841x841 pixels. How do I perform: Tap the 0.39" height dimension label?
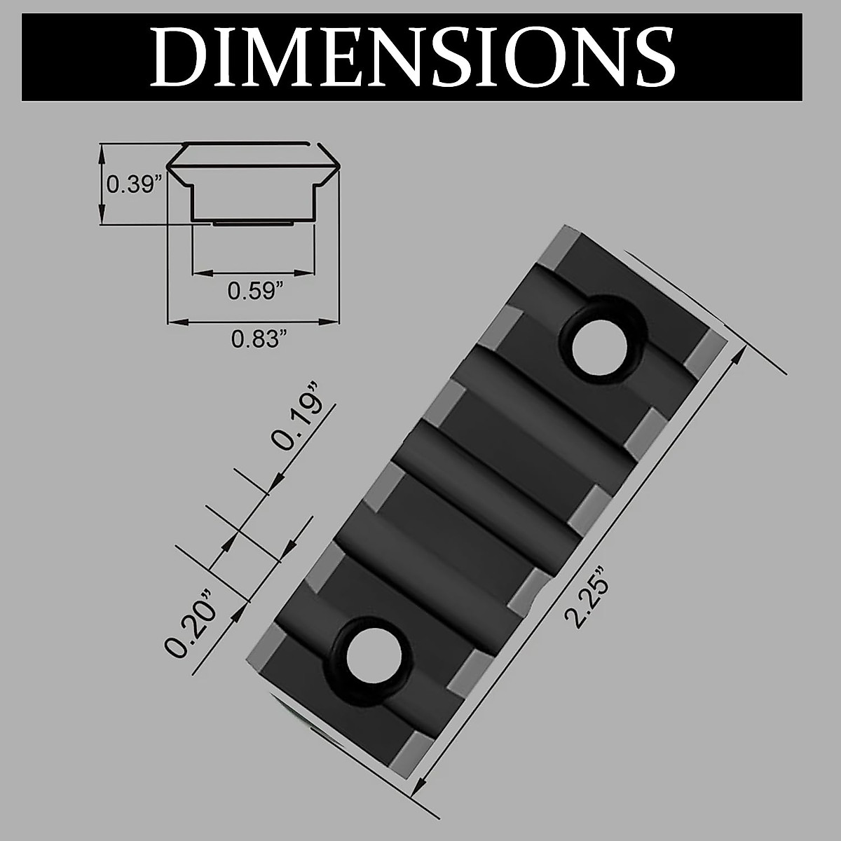pyautogui.click(x=134, y=184)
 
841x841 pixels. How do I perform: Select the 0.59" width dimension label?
pyautogui.click(x=254, y=290)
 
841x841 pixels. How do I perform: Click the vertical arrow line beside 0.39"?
pyautogui.click(x=103, y=184)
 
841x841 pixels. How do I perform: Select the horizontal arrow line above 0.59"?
pyautogui.click(x=252, y=272)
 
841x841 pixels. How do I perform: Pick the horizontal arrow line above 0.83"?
pyautogui.click(x=252, y=322)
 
